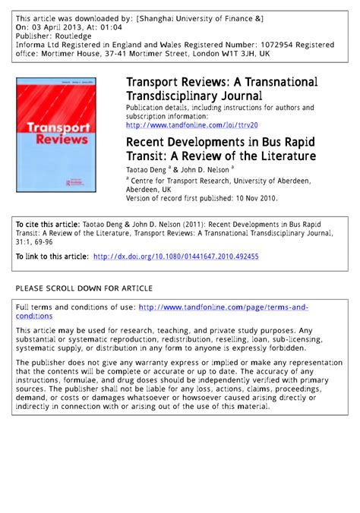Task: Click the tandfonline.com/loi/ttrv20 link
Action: (191, 124)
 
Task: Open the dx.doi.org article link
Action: (175, 256)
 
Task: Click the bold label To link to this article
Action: (51, 256)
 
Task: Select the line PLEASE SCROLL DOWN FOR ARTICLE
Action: (84, 288)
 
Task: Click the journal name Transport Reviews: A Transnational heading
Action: (222, 81)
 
